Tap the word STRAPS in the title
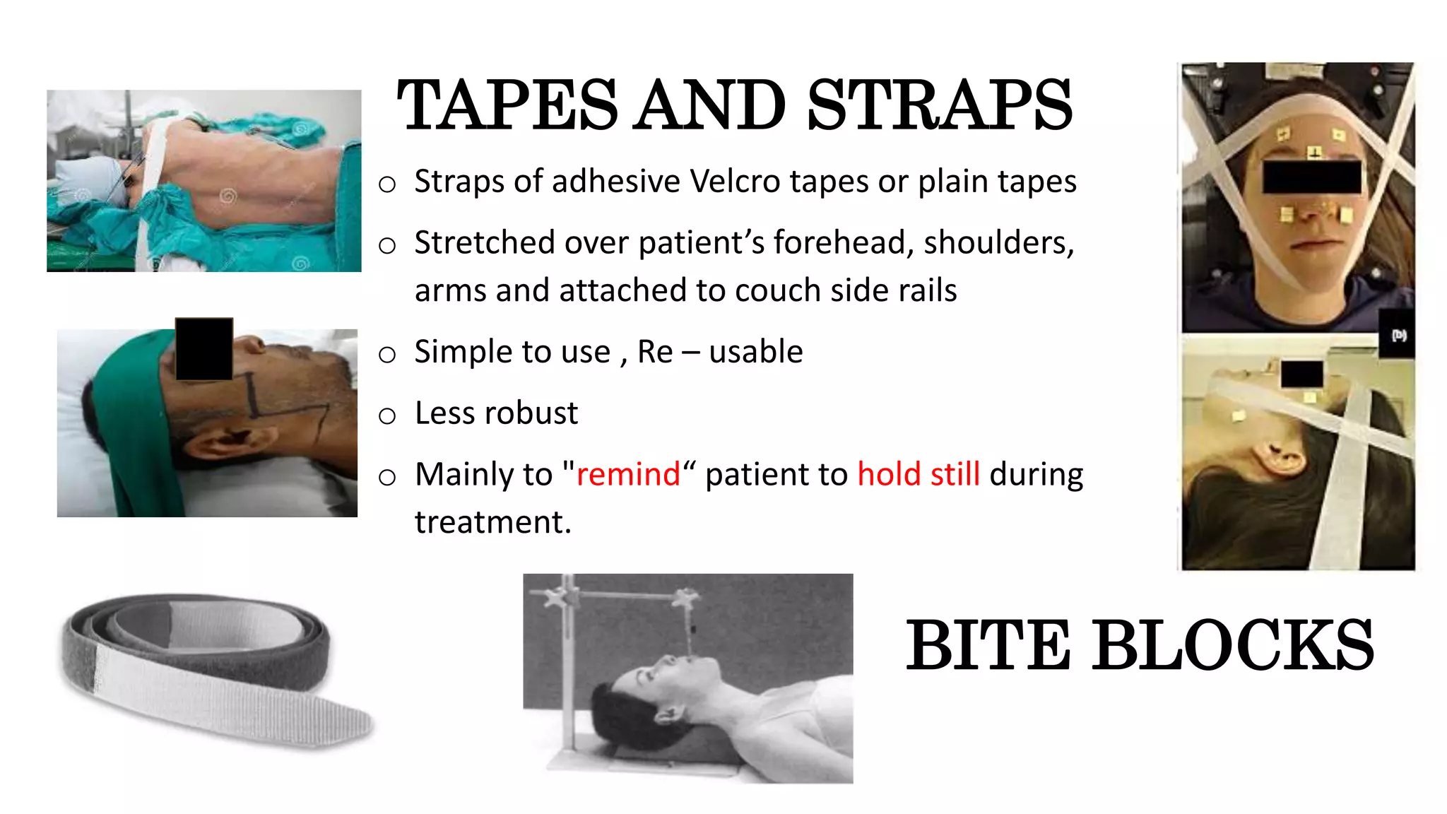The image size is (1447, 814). coord(940,106)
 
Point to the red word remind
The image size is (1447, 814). coord(628,474)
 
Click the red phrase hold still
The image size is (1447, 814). coord(919,474)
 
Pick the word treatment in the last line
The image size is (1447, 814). coord(492,523)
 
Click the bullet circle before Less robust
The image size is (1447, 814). coord(387,416)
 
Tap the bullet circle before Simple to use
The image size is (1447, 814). coord(387,355)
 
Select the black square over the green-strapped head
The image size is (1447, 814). coord(204,349)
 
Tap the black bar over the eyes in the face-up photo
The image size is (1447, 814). coord(1312,177)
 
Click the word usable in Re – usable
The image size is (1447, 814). coord(756,352)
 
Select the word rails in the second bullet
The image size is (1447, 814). coord(926,291)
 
